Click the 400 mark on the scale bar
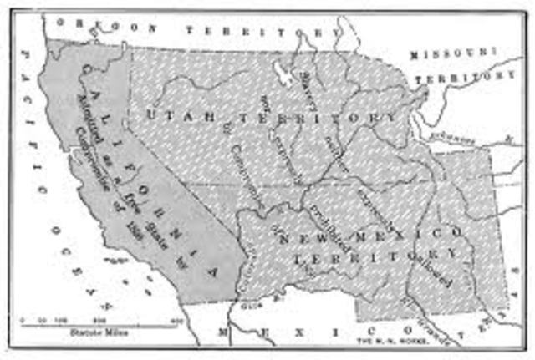click(x=176, y=320)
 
